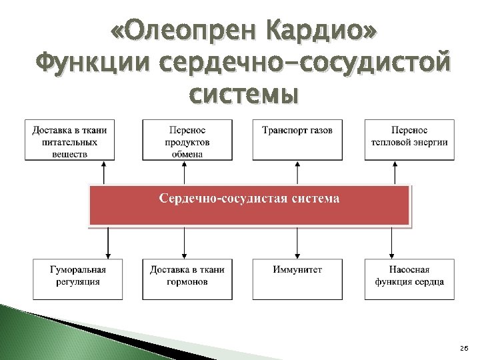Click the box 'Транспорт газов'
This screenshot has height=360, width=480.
coord(297,140)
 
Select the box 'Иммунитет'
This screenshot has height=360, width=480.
coord(297,279)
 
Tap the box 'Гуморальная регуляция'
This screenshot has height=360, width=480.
coord(78,279)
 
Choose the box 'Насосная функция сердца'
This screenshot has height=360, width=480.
coord(409,279)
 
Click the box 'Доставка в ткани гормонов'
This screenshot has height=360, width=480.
coord(187,279)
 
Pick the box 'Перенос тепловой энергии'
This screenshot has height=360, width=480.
coord(409,140)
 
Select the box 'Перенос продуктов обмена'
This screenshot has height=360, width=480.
coord(187,140)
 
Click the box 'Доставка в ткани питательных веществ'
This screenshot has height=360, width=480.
coord(69,140)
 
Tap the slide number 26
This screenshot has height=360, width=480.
coord(464,349)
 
